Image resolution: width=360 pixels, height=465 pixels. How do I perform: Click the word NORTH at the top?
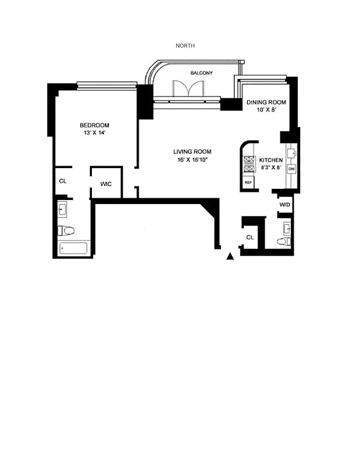pyautogui.click(x=185, y=45)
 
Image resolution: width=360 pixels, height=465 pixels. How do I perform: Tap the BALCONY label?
pyautogui.click(x=201, y=73)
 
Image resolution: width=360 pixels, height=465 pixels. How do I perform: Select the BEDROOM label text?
pyautogui.click(x=94, y=125)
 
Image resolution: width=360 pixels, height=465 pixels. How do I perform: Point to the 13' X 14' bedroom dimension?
pyautogui.click(x=94, y=133)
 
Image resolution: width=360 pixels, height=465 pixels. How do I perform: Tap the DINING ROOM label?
pyautogui.click(x=266, y=102)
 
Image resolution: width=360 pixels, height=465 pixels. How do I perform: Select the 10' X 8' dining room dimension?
pyautogui.click(x=266, y=110)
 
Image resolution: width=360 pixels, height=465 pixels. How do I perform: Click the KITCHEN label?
pyautogui.click(x=271, y=160)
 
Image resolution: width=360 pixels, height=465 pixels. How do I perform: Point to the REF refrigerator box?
pyautogui.click(x=248, y=183)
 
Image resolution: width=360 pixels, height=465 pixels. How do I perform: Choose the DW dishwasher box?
pyautogui.click(x=291, y=168)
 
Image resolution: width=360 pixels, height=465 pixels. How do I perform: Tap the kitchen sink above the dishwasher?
pyautogui.click(x=292, y=152)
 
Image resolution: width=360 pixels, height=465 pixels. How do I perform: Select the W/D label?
pyautogui.click(x=285, y=205)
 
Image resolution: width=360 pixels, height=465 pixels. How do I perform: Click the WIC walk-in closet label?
pyautogui.click(x=106, y=184)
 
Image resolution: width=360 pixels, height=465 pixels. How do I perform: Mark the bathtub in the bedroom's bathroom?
pyautogui.click(x=74, y=249)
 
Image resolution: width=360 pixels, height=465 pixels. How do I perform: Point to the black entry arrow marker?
pyautogui.click(x=231, y=255)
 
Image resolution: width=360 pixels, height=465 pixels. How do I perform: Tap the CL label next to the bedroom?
pyautogui.click(x=63, y=181)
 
